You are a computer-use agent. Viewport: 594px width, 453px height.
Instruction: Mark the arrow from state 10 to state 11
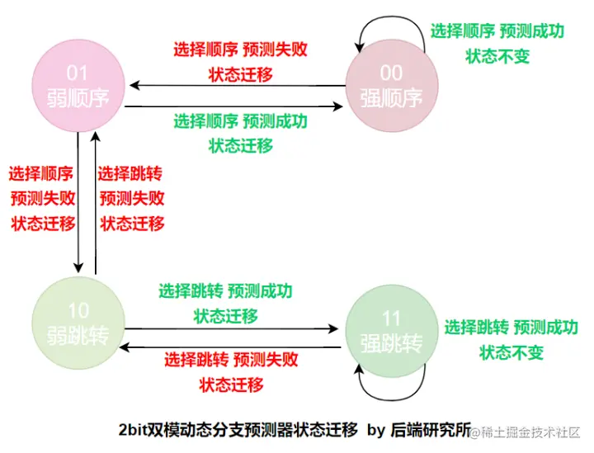[x=231, y=329]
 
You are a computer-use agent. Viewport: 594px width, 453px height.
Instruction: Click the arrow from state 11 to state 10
[x=231, y=347]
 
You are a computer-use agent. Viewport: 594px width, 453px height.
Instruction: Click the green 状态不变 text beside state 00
[x=497, y=56]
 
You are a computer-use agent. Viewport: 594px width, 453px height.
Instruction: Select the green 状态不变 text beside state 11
[x=511, y=352]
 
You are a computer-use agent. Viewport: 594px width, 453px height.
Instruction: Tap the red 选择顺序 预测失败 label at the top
[x=240, y=50]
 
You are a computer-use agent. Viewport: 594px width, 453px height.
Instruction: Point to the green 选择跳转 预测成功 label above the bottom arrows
[x=225, y=291]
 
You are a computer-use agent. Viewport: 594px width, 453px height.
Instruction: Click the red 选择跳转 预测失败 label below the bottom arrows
[x=231, y=360]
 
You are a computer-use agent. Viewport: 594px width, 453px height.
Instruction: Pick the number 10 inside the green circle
[x=78, y=311]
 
